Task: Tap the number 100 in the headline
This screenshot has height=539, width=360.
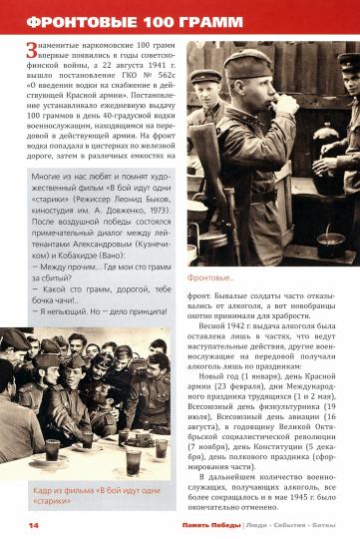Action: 147,20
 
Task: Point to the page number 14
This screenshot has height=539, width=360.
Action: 20,525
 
